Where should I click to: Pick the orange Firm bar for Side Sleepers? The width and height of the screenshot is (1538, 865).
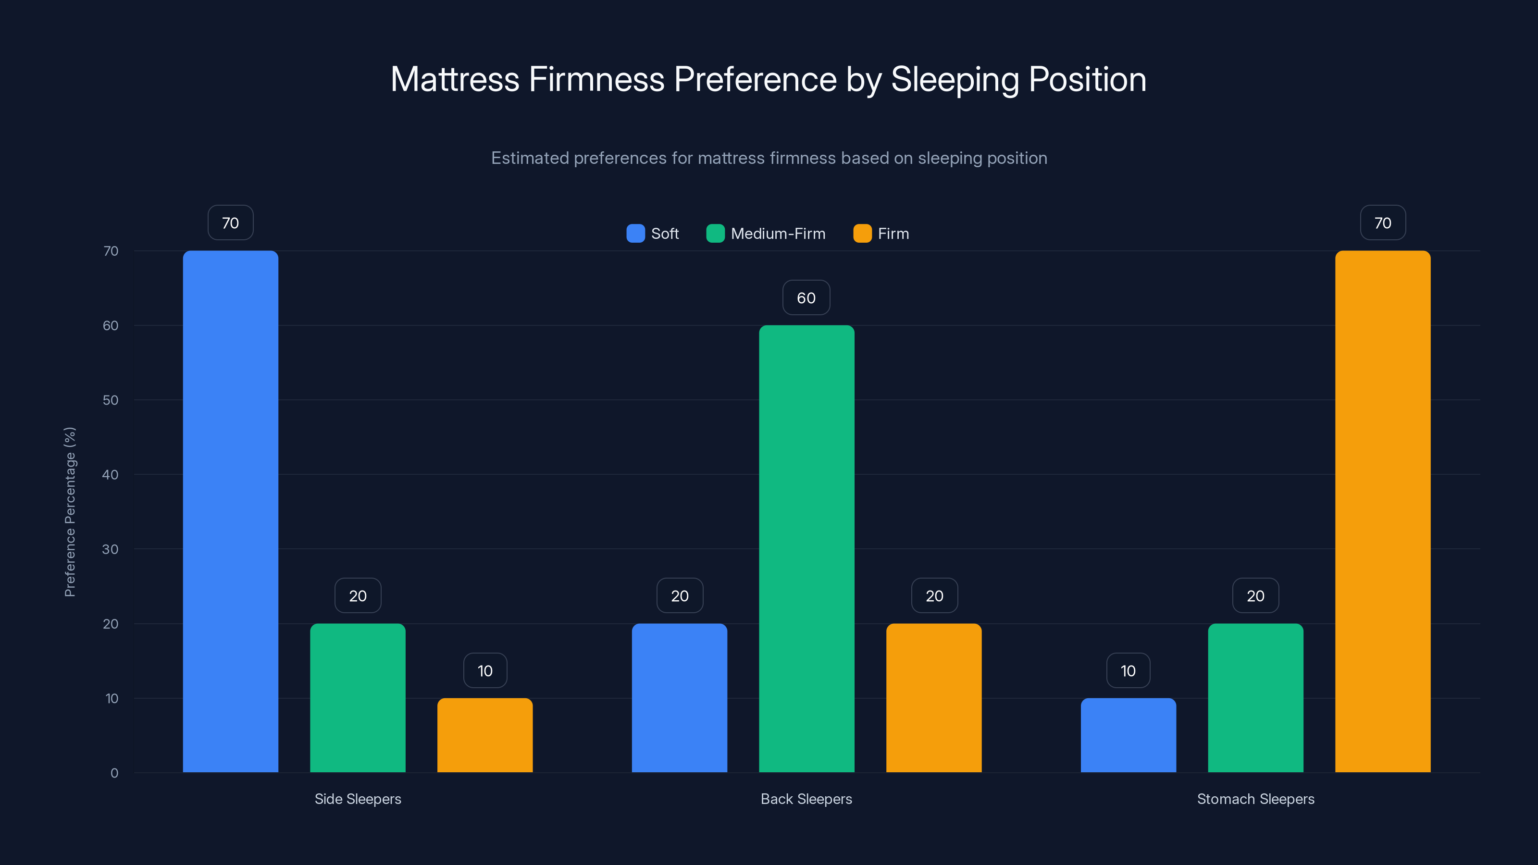point(485,735)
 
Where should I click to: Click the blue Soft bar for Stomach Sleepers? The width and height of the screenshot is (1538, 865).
point(1128,735)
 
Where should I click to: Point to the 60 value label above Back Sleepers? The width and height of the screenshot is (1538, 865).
point(806,298)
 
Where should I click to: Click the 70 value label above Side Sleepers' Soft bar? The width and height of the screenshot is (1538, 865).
point(231,222)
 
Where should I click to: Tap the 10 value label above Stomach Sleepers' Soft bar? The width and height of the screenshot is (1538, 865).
point(1128,670)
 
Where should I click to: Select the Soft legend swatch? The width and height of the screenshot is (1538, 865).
point(635,234)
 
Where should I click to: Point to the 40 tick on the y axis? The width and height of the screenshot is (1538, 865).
point(111,475)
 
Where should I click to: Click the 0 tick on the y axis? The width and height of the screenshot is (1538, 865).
point(114,773)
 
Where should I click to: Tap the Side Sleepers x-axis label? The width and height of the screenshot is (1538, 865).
point(358,799)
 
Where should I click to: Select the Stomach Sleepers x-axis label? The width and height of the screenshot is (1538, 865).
point(1255,799)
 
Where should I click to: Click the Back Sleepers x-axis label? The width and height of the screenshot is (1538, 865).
point(806,799)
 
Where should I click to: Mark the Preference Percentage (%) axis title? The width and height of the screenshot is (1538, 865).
point(70,512)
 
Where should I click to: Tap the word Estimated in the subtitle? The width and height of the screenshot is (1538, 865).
point(530,158)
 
